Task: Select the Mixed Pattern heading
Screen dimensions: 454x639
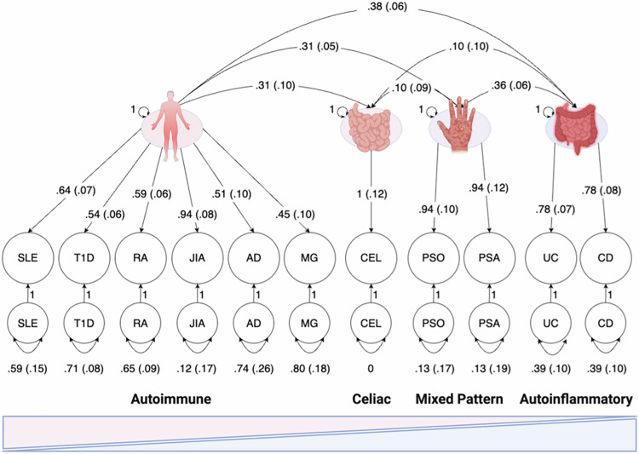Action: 460,399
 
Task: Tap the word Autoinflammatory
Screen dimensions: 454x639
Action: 578,399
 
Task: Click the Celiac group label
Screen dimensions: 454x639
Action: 371,399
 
